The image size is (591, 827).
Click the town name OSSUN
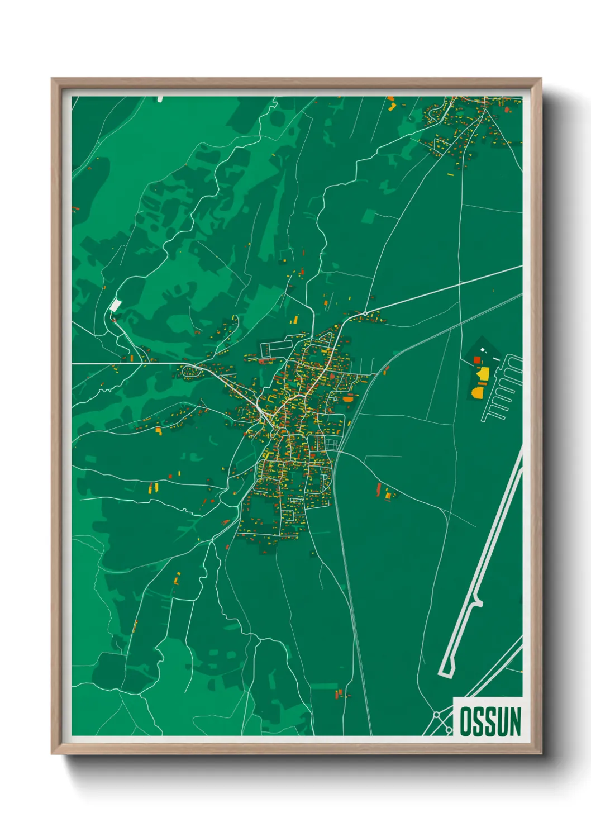click(x=490, y=721)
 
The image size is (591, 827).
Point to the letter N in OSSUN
click(x=514, y=721)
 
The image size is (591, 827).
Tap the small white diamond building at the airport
click(x=483, y=351)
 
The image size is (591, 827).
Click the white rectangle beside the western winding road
click(x=116, y=306)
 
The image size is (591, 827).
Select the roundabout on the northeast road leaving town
click(x=365, y=313)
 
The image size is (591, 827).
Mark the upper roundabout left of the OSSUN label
click(x=436, y=715)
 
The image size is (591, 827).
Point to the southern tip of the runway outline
click(x=445, y=673)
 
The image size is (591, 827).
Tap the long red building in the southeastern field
click(x=378, y=490)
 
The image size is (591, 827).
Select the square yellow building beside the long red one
click(x=388, y=494)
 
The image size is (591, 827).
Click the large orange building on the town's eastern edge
click(x=349, y=399)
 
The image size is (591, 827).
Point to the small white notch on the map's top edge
click(x=160, y=99)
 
